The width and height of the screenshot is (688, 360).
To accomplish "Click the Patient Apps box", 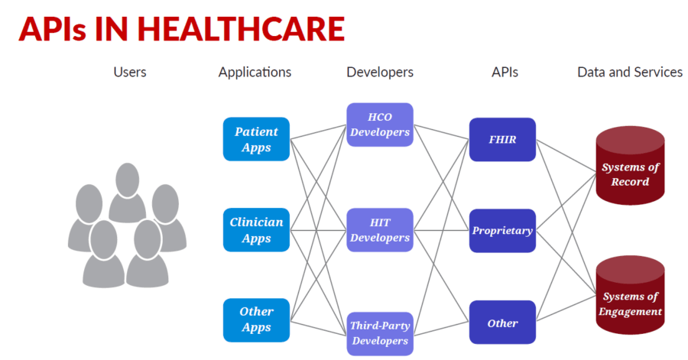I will (256, 139).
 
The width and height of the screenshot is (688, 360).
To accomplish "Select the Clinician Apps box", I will (256, 230).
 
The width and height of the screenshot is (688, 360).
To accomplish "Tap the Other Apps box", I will (256, 319).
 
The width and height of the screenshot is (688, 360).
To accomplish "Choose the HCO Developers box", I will (380, 125).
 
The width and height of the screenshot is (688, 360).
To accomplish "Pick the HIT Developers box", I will (380, 230).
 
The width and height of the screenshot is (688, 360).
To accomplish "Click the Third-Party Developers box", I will (380, 333).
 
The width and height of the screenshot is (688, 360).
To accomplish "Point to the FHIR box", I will (502, 139).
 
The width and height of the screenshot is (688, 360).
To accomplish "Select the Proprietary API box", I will (502, 230).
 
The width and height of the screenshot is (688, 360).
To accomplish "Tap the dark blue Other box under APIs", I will (502, 323).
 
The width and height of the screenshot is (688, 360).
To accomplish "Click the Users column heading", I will (130, 73).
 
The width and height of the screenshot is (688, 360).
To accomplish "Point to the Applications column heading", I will (255, 73).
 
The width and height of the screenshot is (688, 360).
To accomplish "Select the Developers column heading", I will (380, 73).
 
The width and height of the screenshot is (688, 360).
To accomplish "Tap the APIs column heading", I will (505, 73).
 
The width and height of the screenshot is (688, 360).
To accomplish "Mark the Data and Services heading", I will (630, 73).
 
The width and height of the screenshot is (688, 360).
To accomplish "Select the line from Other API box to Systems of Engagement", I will (566, 306).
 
